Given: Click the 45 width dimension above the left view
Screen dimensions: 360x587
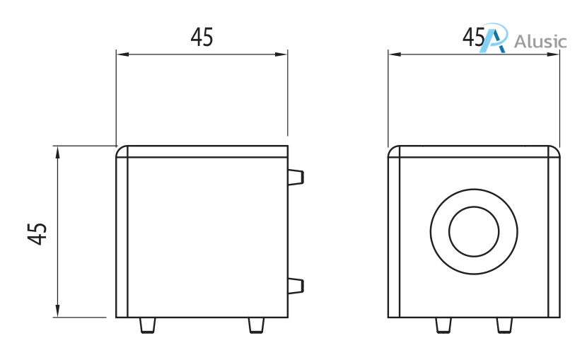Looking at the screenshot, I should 202,37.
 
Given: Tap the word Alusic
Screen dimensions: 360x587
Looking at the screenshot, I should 541,41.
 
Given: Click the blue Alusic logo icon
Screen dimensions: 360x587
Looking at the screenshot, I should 494,39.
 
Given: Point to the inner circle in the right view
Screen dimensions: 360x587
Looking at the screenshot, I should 474,232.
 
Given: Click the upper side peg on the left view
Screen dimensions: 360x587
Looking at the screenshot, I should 296,176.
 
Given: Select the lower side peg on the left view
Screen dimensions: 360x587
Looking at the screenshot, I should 296,285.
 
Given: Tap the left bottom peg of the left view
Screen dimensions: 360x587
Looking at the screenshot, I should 147,325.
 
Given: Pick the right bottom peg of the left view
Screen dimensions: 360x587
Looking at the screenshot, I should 257,325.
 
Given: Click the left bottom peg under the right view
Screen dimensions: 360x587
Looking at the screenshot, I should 443,325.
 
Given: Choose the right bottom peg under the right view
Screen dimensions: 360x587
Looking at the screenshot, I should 504,325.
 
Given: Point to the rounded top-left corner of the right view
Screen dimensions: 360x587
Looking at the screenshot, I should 394,151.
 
